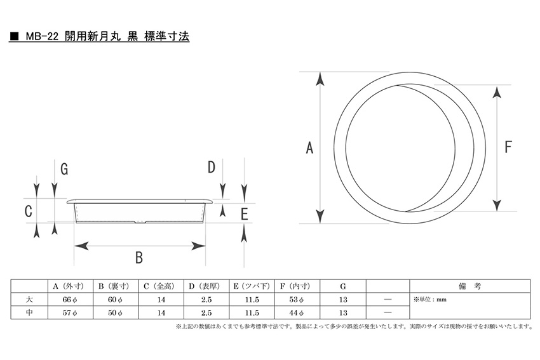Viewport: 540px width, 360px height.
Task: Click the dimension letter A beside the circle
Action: [309, 148]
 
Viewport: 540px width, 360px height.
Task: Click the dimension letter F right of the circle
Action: [508, 147]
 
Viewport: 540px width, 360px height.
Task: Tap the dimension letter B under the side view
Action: [138, 257]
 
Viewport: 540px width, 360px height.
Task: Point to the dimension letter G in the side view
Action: [64, 170]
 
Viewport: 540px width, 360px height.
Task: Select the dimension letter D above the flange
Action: [211, 167]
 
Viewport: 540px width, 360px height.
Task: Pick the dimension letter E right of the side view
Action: [244, 214]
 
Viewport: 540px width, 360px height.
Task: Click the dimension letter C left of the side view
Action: [29, 211]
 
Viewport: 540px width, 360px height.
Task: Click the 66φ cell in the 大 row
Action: [71, 300]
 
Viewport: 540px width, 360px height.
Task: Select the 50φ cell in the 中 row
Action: [116, 312]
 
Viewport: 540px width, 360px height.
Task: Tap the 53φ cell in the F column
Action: [297, 300]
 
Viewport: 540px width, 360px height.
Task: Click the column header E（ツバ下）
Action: [252, 286]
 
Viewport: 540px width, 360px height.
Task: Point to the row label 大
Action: [29, 300]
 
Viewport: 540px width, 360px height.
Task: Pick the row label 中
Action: [29, 312]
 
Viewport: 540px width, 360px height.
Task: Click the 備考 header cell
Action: [469, 286]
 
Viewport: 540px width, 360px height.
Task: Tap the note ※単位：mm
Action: [430, 300]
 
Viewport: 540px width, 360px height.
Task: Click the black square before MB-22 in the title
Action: [14, 36]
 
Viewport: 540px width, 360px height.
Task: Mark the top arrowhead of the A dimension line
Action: [320, 79]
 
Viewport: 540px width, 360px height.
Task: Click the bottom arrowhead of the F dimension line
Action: [497, 205]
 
